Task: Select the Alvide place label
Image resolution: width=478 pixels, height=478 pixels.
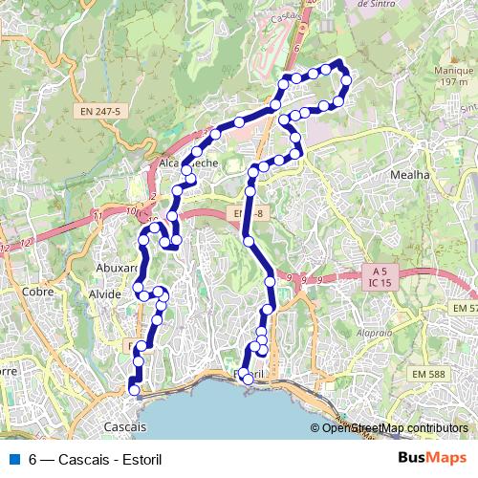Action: point(105,294)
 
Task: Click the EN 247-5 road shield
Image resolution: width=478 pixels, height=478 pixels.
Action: point(99,112)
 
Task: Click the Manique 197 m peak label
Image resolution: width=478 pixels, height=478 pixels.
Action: point(448,76)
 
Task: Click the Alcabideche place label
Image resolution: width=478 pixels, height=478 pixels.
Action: point(188,163)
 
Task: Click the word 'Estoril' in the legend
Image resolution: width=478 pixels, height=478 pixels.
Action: point(141,458)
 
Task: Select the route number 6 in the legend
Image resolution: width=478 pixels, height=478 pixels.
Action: point(33,458)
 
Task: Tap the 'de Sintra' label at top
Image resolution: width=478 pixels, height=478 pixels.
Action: point(376,4)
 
